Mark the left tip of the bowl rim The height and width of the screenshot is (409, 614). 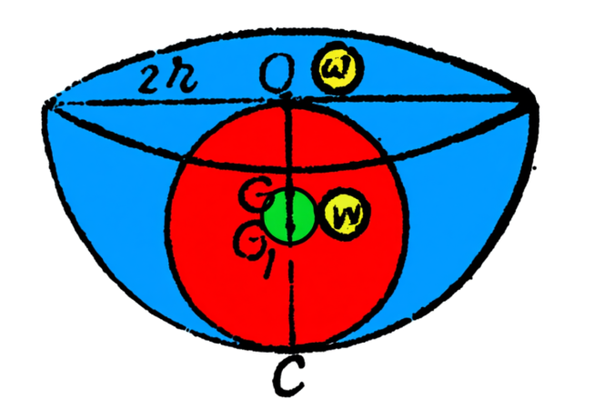pos(45,107)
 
